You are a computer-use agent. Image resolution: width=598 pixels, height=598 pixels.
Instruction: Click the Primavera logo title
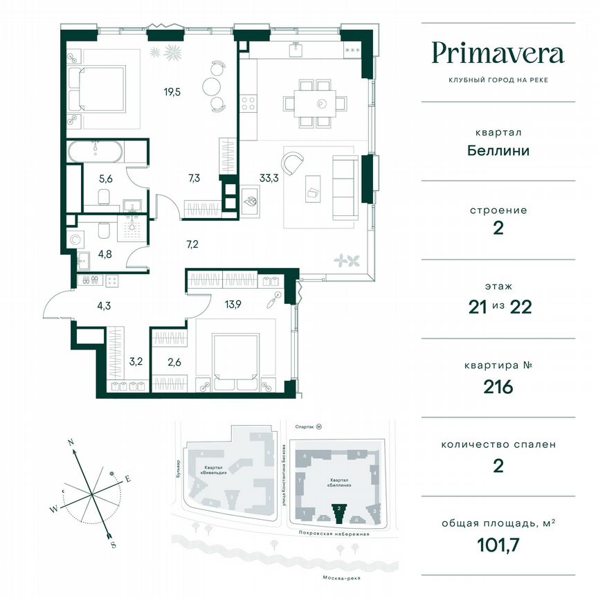498,53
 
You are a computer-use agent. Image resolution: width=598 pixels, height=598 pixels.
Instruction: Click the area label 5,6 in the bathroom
106,176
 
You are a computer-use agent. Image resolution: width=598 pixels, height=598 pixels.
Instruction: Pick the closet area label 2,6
176,359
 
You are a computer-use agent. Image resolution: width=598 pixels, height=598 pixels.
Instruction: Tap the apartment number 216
498,386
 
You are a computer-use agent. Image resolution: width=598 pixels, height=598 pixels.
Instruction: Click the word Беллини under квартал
498,149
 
